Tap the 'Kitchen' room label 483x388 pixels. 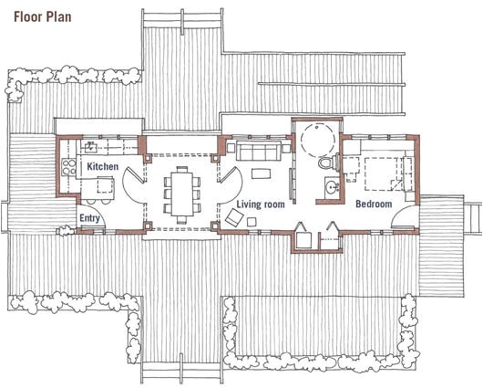103,167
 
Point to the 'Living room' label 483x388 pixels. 262,204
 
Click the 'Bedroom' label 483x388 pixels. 374,204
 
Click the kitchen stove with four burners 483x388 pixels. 67,165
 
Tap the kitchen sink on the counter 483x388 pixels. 91,145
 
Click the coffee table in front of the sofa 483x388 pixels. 261,173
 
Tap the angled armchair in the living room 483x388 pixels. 234,216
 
